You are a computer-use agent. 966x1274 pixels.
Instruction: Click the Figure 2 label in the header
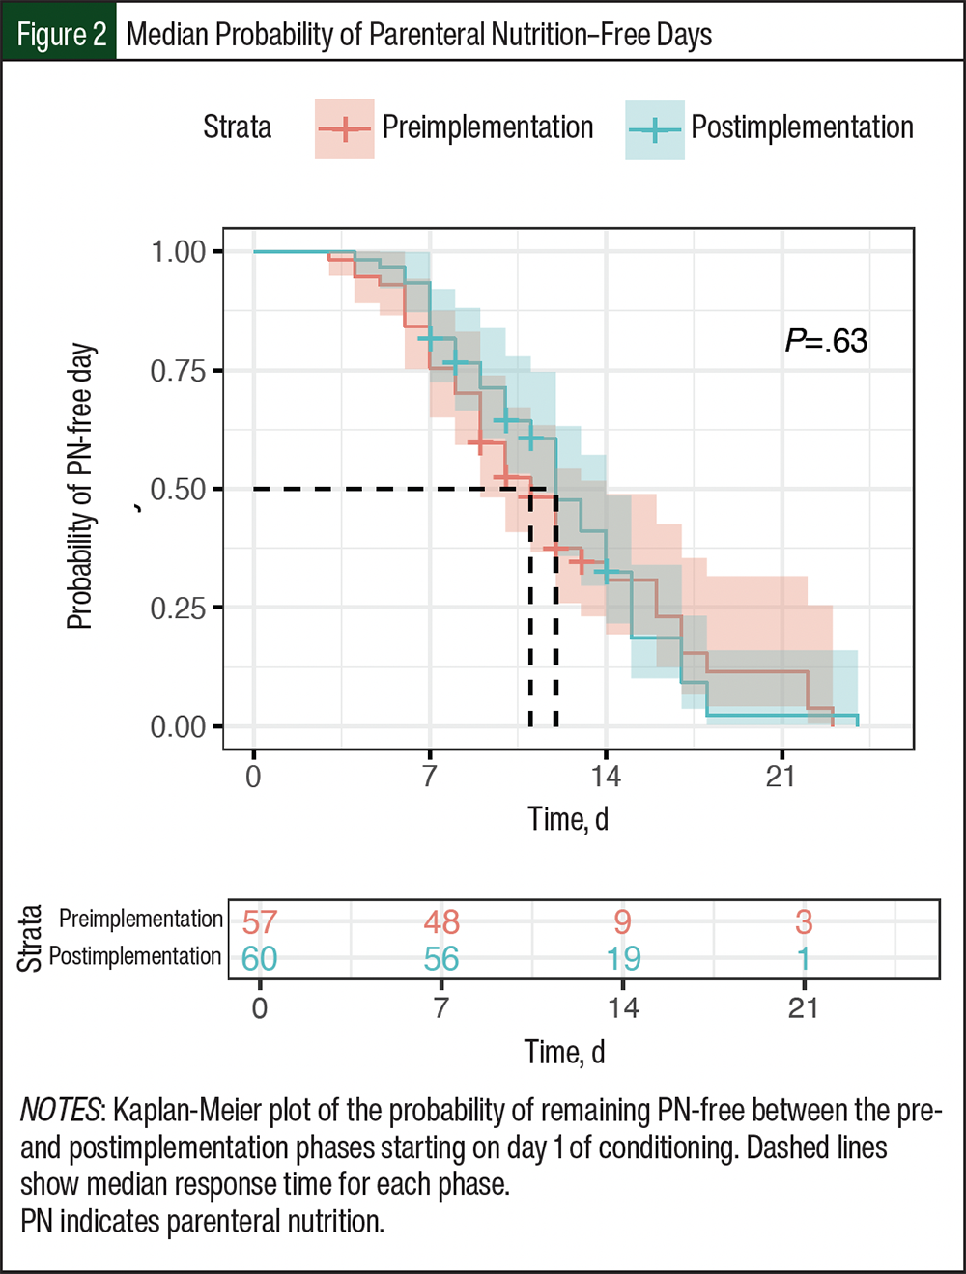click(x=62, y=35)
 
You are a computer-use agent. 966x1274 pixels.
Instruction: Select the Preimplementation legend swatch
click(x=344, y=128)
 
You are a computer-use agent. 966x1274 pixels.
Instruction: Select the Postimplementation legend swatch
click(x=655, y=130)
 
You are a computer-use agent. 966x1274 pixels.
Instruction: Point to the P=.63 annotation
click(x=826, y=341)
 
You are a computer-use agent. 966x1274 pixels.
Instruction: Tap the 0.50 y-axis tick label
click(x=179, y=490)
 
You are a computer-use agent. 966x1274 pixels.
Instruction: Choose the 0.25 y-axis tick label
click(x=179, y=609)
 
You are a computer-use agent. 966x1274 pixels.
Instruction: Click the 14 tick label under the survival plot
click(x=606, y=776)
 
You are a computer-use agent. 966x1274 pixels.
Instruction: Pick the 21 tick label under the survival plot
click(x=781, y=776)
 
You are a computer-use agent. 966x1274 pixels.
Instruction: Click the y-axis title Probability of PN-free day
click(x=80, y=487)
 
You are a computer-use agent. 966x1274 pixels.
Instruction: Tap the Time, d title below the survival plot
click(x=568, y=819)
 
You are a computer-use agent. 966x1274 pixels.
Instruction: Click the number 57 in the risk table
click(x=260, y=921)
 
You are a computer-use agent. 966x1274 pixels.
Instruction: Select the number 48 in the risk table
click(x=441, y=921)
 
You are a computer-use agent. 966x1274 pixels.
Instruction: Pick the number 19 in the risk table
click(x=623, y=959)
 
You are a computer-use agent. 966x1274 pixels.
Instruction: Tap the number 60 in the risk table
click(x=260, y=959)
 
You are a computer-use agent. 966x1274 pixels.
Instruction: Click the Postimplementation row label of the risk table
click(x=135, y=957)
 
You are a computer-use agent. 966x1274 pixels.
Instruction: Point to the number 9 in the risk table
click(x=623, y=921)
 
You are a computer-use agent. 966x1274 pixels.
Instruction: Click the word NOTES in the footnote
click(x=60, y=1111)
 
